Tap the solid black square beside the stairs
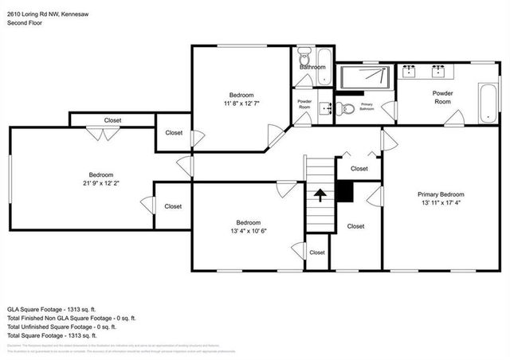344,192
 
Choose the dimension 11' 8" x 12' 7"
241,103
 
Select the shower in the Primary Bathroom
365,77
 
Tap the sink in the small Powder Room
324,108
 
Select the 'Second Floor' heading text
25,23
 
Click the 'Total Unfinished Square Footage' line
61,326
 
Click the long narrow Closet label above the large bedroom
112,120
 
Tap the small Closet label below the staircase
317,252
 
